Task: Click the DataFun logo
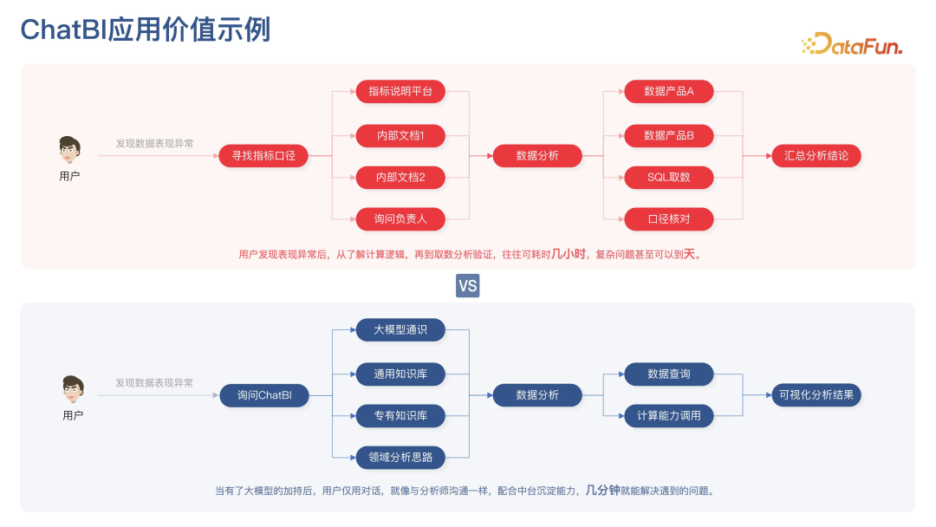click(852, 44)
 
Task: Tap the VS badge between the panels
click(467, 285)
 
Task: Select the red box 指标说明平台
click(400, 91)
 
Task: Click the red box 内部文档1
click(400, 135)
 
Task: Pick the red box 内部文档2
click(400, 178)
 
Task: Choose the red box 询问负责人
click(400, 219)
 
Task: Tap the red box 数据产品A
click(668, 91)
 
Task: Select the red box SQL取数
click(668, 178)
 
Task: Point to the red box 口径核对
click(668, 219)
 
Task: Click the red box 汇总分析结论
click(816, 156)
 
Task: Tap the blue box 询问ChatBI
click(263, 395)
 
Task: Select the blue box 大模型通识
click(400, 330)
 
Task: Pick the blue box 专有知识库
click(400, 416)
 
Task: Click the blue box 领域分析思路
click(400, 457)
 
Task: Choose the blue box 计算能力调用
click(668, 416)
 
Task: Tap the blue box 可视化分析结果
click(816, 395)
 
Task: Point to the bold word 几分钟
click(602, 490)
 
